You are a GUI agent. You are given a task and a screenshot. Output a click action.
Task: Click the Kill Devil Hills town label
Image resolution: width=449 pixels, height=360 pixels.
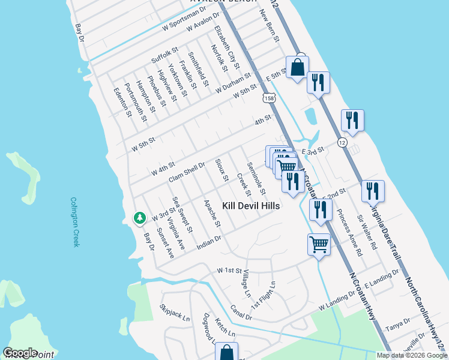point(251,206)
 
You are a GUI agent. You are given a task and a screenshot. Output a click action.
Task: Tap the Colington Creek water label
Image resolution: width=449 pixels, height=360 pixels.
point(74,222)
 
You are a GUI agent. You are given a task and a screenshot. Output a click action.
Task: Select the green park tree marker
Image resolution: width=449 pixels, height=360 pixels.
point(140,217)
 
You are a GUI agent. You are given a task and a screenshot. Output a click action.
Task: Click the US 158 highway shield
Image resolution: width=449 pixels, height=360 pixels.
point(265,97)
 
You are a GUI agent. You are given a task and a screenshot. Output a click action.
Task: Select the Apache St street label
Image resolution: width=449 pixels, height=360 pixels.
point(212,214)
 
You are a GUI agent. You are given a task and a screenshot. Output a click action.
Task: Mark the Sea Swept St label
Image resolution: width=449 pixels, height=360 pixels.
point(182,215)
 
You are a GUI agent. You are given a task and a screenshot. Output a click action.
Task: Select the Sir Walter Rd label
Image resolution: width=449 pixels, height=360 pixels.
point(366,232)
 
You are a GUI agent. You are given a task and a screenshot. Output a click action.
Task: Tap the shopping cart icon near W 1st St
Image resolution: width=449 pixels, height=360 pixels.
point(319,244)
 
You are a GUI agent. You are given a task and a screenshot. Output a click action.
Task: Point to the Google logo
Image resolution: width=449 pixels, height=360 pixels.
point(20,353)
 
